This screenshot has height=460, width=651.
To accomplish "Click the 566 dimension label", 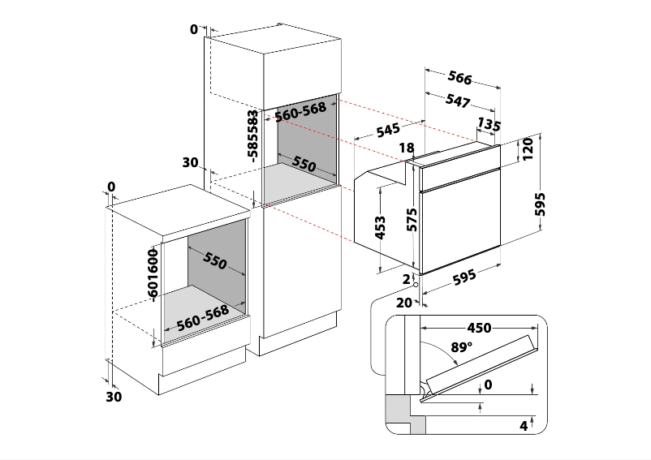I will coord(459,78).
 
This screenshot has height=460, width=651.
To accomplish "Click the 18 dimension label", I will coord(407,148).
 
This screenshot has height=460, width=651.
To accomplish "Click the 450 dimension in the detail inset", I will coord(478,328).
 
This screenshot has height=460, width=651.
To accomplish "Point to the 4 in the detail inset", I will coord(524,424).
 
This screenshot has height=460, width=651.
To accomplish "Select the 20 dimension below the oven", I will coord(404,302).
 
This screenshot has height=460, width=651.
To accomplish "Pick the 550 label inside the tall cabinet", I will coord(304,164).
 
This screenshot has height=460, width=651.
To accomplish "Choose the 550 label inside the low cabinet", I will coord(214,261).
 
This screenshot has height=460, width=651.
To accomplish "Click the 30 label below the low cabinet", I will coord(114,397).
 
